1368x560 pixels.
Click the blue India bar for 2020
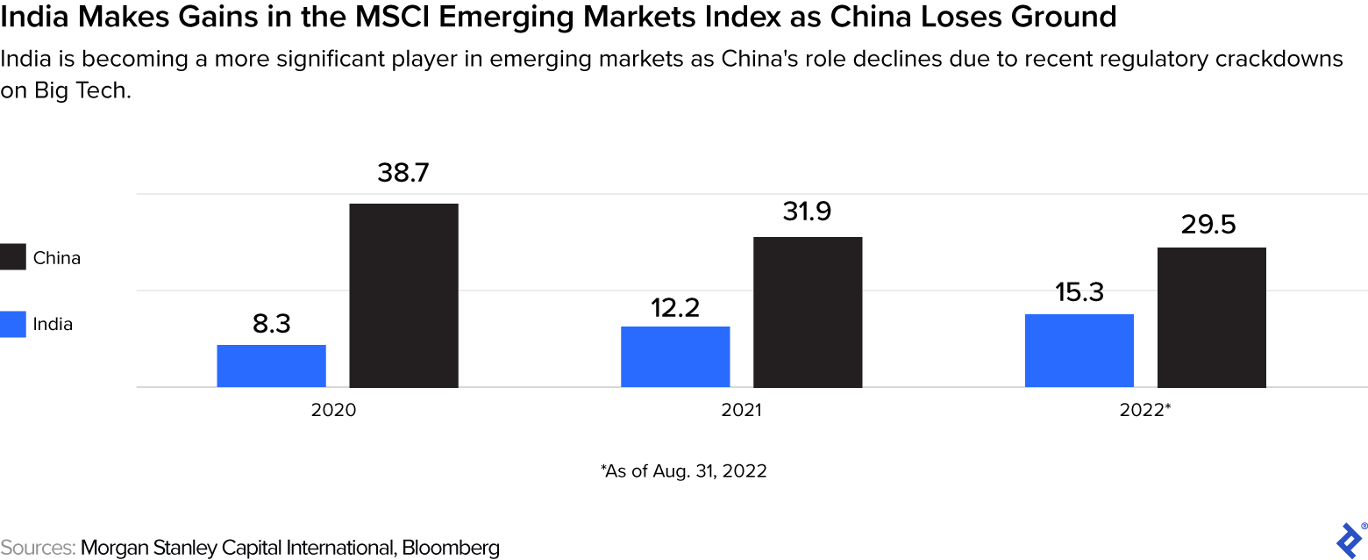[271, 366]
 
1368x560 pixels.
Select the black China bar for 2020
[403, 296]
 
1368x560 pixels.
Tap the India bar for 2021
[675, 356]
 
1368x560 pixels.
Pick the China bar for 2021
[808, 312]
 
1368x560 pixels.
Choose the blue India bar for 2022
[1079, 350]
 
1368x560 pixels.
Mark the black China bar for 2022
[1211, 318]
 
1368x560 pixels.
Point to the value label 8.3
[271, 324]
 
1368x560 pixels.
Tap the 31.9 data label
[808, 212]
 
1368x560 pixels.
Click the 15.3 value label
[1079, 292]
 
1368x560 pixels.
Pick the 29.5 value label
[1211, 225]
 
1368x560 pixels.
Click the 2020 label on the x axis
[333, 410]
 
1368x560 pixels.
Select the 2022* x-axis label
[1144, 410]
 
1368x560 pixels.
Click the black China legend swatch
[13, 258]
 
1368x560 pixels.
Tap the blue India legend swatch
[13, 324]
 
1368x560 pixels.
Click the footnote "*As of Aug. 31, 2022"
[683, 470]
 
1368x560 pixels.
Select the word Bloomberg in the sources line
[455, 548]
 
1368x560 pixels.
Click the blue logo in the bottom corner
[1348, 537]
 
